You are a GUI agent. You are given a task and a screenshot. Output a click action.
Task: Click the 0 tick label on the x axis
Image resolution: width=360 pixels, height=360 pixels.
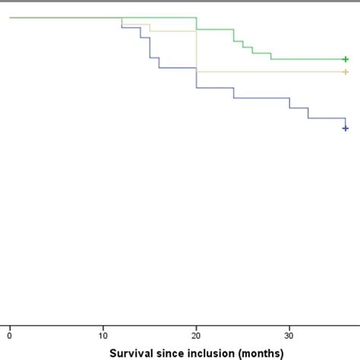(10, 335)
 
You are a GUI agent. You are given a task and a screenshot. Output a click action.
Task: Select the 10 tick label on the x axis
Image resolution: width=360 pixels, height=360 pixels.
(103, 335)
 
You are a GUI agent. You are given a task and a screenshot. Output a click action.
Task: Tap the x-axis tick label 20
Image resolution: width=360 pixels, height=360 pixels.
(197, 335)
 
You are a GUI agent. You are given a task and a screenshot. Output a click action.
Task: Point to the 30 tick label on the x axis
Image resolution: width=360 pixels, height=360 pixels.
(289, 335)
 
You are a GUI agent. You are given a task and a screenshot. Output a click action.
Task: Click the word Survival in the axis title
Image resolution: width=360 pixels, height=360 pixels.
(130, 353)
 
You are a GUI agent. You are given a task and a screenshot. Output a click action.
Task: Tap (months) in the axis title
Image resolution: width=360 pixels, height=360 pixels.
(260, 353)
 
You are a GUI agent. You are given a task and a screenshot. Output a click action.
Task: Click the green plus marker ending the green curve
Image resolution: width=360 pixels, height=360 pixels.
(346, 59)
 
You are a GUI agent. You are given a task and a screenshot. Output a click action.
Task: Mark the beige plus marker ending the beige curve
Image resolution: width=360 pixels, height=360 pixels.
(346, 72)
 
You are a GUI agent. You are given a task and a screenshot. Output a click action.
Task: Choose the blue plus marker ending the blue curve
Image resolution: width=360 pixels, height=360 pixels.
(346, 128)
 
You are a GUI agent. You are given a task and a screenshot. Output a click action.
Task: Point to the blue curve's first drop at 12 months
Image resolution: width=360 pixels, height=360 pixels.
(122, 23)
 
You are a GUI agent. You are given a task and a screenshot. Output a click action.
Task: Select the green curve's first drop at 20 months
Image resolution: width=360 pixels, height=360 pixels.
(197, 24)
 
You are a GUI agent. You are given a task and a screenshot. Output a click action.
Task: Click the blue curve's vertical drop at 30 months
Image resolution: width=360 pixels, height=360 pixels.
(289, 103)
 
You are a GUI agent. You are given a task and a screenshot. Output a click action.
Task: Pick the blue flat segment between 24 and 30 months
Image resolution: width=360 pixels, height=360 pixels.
(261, 97)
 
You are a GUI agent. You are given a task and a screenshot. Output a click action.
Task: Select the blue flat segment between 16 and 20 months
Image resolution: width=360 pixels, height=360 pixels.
(178, 68)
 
